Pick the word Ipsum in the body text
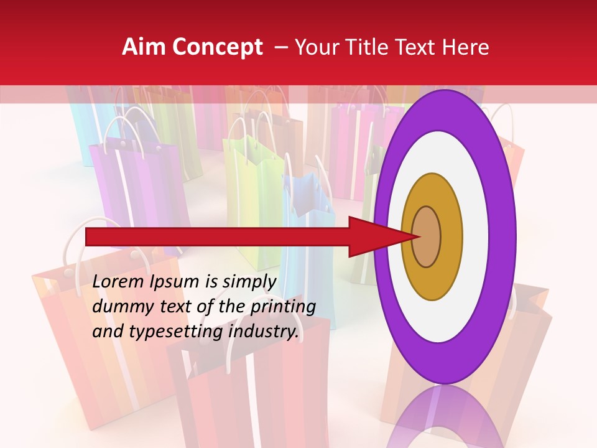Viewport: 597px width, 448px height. point(177,282)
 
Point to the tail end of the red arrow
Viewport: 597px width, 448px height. point(88,236)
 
